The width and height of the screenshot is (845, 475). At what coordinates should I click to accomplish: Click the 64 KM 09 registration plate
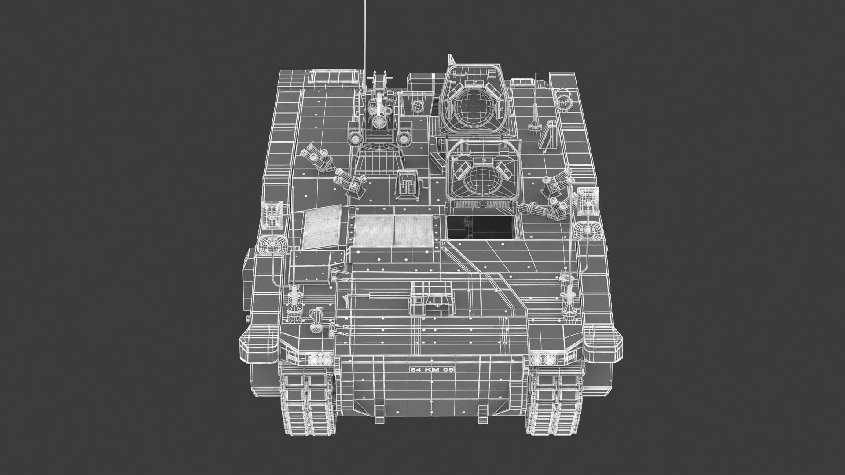(431, 369)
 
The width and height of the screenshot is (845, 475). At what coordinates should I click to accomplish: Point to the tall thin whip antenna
(365, 35)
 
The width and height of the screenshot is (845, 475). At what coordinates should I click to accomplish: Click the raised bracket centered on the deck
(431, 298)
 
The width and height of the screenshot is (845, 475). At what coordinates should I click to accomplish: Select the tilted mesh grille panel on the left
(323, 229)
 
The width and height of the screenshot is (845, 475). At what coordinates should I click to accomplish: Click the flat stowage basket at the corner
(333, 77)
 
